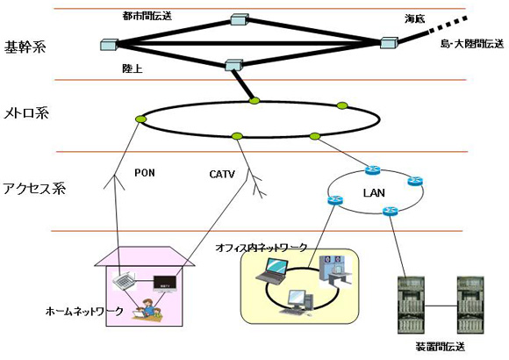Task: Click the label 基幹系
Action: point(25,47)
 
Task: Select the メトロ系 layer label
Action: point(26,113)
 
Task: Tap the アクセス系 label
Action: point(34,189)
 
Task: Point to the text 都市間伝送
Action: point(147,16)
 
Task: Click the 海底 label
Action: point(414,18)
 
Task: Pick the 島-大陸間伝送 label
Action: point(472,44)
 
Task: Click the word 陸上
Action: point(133,68)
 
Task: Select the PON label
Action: point(145,172)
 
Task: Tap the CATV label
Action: point(222,174)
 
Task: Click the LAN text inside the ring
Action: point(374,193)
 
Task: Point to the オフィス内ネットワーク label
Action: point(261,248)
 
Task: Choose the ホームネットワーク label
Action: point(84,311)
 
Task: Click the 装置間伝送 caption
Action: point(440,346)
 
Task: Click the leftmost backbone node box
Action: point(109,45)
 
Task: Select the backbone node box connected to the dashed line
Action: point(389,43)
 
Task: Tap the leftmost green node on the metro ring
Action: point(141,119)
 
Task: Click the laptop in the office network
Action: point(272,270)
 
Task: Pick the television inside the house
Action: point(165,284)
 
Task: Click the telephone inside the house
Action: point(124,281)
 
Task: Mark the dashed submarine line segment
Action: point(448,25)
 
